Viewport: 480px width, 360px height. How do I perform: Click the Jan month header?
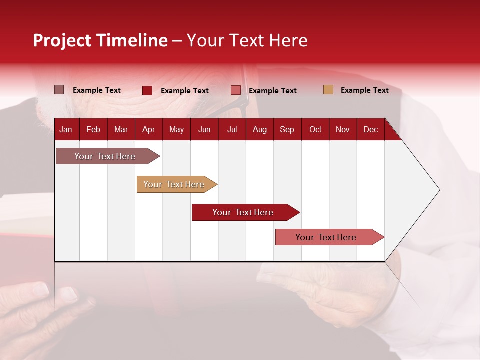(x=66, y=129)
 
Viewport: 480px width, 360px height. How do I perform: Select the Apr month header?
(x=148, y=129)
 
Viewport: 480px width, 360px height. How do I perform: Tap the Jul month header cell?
(x=232, y=129)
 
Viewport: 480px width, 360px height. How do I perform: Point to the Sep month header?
(x=287, y=129)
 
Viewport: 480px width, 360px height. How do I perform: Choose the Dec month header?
(x=370, y=129)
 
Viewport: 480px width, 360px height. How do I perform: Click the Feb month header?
(x=93, y=129)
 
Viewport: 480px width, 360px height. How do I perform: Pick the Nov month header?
(x=342, y=129)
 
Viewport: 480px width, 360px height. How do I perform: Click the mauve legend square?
(x=59, y=90)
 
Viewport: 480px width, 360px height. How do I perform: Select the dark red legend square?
(x=147, y=90)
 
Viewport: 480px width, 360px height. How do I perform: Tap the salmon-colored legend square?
(x=235, y=90)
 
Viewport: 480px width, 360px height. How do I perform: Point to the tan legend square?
(x=328, y=90)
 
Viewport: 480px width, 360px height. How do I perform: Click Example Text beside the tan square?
(x=364, y=90)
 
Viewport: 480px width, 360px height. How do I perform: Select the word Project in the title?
(x=62, y=40)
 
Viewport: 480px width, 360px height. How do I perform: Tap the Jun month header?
(x=204, y=129)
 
